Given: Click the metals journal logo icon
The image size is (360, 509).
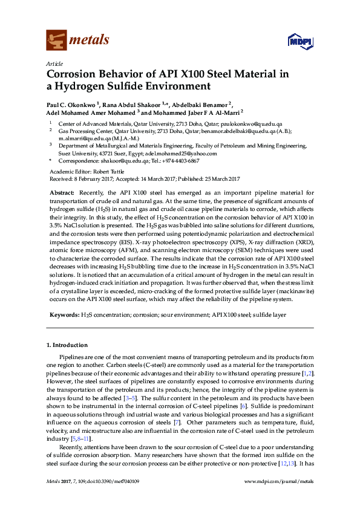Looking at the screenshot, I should (57, 40).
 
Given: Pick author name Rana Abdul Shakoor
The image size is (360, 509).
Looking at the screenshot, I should (134, 105).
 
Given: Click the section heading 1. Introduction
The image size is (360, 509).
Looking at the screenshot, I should (67, 345).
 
